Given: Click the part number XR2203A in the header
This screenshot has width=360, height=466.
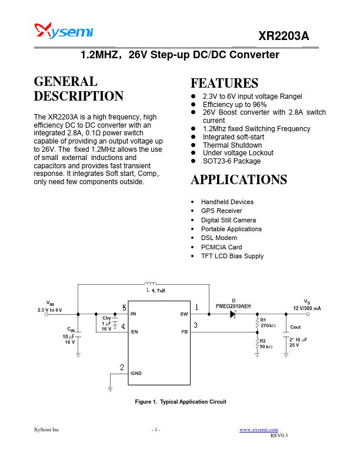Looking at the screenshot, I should click(x=284, y=36).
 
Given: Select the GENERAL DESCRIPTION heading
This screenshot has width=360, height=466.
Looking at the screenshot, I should click(x=78, y=89).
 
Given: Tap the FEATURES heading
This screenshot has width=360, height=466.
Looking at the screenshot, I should click(x=224, y=83).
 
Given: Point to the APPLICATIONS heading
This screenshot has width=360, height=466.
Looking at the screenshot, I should click(x=239, y=179).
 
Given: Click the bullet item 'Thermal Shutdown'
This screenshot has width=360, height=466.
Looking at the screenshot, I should click(x=232, y=145).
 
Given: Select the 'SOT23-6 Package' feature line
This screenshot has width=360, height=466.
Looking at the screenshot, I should click(x=231, y=161).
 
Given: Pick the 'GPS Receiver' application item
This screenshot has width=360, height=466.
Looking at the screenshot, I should click(x=221, y=211).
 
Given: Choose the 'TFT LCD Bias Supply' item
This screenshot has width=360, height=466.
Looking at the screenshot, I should click(x=232, y=256).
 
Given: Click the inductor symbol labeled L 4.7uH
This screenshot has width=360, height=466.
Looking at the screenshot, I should click(x=151, y=284).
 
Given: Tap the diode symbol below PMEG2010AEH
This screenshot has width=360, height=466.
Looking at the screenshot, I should click(x=233, y=314).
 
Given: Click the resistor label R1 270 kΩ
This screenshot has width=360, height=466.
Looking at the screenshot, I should click(x=268, y=322).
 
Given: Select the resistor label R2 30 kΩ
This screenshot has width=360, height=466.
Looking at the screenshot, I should click(x=266, y=344).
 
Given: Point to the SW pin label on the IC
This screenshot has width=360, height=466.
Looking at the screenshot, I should click(x=184, y=314).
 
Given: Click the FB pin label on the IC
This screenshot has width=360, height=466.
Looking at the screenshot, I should click(x=184, y=332).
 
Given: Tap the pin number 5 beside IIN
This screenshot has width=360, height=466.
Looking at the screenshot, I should click(x=124, y=308).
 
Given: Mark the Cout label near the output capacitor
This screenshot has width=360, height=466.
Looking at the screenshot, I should click(x=295, y=327).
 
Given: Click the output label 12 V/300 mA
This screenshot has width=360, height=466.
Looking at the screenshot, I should click(x=307, y=308).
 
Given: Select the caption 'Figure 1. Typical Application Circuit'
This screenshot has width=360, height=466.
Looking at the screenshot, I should click(x=181, y=401).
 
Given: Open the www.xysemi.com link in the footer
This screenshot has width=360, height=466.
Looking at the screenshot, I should click(x=259, y=431).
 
